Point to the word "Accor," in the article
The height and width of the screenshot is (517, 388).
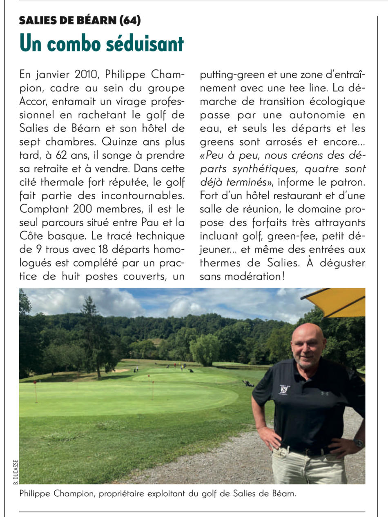[x=33, y=102]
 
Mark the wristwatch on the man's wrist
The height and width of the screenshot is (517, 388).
[x=359, y=443]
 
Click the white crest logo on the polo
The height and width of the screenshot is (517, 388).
[x=283, y=390]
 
